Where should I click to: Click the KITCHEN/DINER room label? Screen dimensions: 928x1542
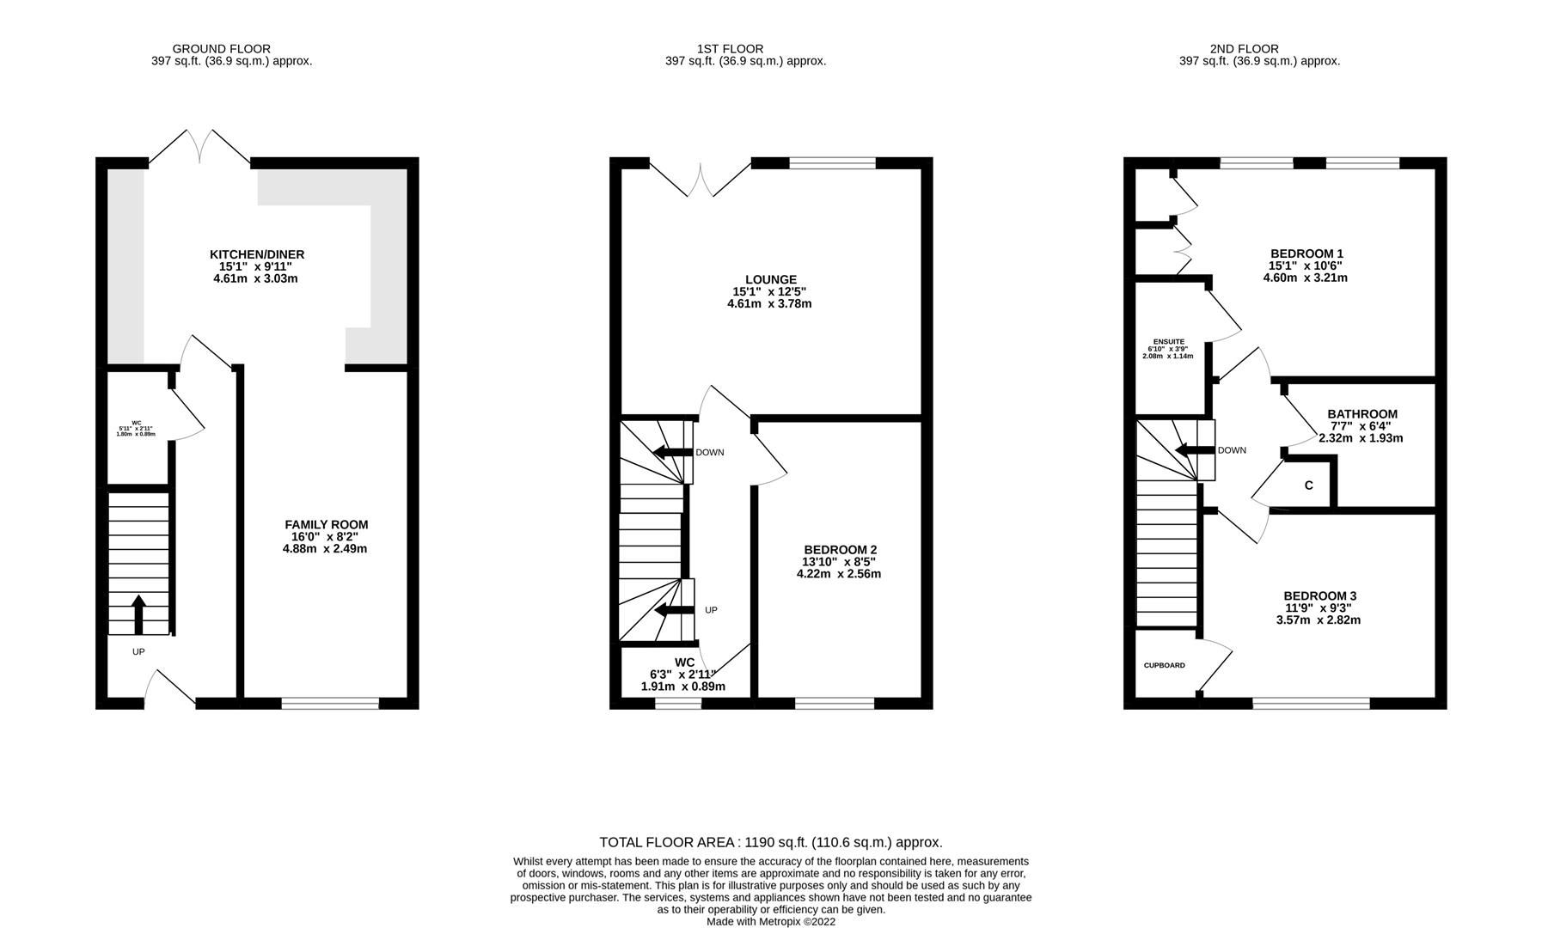[257, 254]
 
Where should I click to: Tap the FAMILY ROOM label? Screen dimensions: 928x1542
[326, 524]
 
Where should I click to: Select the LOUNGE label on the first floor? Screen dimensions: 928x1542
[770, 279]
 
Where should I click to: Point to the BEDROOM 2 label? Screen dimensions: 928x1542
[840, 550]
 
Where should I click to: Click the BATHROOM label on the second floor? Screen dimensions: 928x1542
[1361, 413]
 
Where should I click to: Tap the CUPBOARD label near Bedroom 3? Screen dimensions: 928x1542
[1164, 665]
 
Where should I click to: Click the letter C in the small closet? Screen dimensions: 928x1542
[1308, 485]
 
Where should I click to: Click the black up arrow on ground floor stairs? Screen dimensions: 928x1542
[138, 614]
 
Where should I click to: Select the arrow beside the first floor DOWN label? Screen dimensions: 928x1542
[671, 452]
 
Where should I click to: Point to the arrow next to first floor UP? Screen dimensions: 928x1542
[673, 610]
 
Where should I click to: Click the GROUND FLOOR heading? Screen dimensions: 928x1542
[221, 49]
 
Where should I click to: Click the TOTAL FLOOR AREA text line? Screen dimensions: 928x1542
[770, 842]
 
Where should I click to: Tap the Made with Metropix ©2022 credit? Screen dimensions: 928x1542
[770, 921]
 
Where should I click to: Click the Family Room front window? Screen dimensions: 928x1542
[330, 703]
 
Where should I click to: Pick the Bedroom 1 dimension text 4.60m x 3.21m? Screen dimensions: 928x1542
[1305, 278]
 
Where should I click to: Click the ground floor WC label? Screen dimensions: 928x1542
[136, 423]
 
